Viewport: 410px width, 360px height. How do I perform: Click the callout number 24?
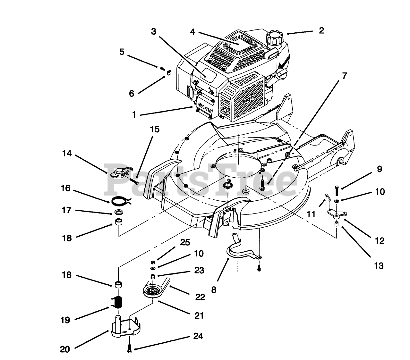pyautogui.click(x=198, y=337)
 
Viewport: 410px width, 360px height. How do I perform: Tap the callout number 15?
pyautogui.click(x=154, y=129)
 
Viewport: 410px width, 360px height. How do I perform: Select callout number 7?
pyautogui.click(x=344, y=76)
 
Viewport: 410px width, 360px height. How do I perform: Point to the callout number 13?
pyautogui.click(x=379, y=266)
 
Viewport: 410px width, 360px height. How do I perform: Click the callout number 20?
pyautogui.click(x=65, y=349)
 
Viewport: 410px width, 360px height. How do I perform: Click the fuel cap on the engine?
pyautogui.click(x=274, y=38)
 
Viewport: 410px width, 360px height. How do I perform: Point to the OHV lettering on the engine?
pyautogui.click(x=203, y=106)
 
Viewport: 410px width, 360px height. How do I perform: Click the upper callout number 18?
pyautogui.click(x=67, y=238)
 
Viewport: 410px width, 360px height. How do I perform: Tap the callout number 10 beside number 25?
pyautogui.click(x=199, y=254)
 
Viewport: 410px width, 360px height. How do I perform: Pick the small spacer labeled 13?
pyautogui.click(x=336, y=224)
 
